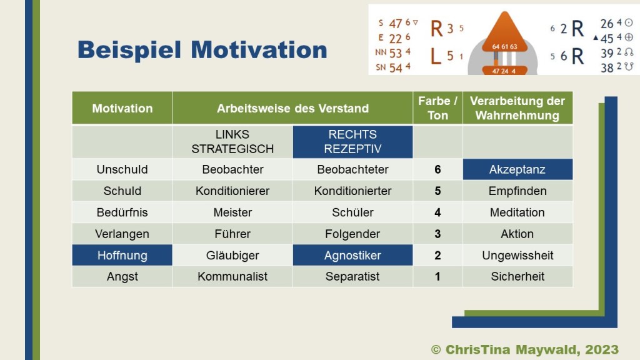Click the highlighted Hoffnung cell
pyautogui.click(x=122, y=255)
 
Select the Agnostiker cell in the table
pyautogui.click(x=352, y=255)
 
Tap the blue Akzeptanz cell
pyautogui.click(x=517, y=169)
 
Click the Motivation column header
pyautogui.click(x=122, y=108)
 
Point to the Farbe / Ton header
pyautogui.click(x=437, y=108)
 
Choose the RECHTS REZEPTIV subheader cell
pyautogui.click(x=352, y=142)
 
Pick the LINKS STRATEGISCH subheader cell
pyautogui.click(x=232, y=142)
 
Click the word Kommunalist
pyautogui.click(x=232, y=276)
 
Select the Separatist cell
pyautogui.click(x=352, y=276)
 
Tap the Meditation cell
pyautogui.click(x=517, y=212)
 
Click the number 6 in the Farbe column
pyautogui.click(x=437, y=169)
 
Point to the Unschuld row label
pyautogui.click(x=122, y=169)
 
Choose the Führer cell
pyautogui.click(x=232, y=234)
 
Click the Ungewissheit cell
pyautogui.click(x=517, y=255)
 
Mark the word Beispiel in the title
pyautogui.click(x=129, y=50)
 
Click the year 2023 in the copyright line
pyautogui.click(x=602, y=349)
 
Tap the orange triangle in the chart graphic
pyautogui.click(x=505, y=32)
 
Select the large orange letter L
pyautogui.click(x=436, y=56)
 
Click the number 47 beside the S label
pyautogui.click(x=395, y=24)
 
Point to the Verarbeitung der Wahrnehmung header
pyautogui.click(x=517, y=108)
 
